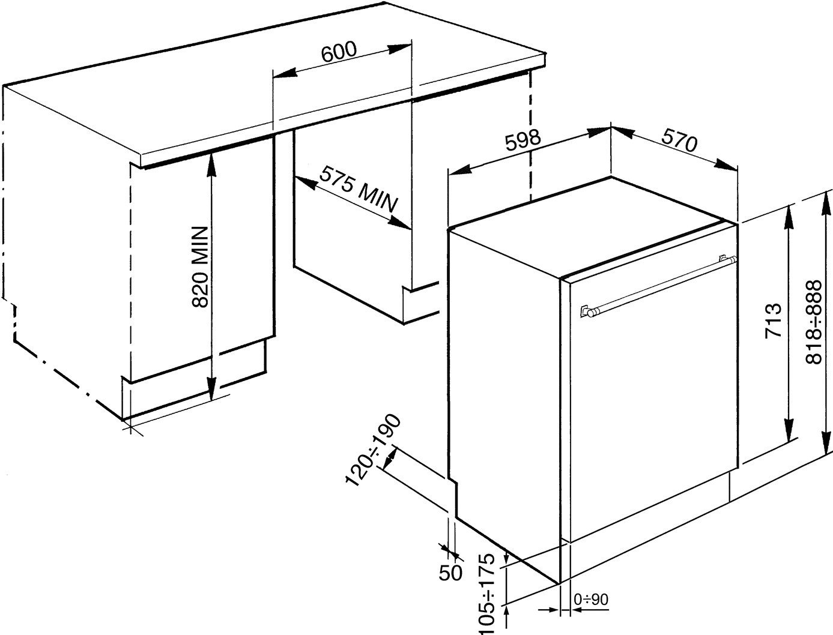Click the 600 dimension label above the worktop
pos(339,52)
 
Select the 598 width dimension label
pos(523,140)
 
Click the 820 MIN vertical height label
pos(199,266)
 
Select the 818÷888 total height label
pos(813,322)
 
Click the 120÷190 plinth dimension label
pos(373,450)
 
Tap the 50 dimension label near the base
pos(451,573)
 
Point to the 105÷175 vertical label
pos(487,594)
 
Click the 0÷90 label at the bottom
pos(591,599)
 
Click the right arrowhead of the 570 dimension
pos(726,164)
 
